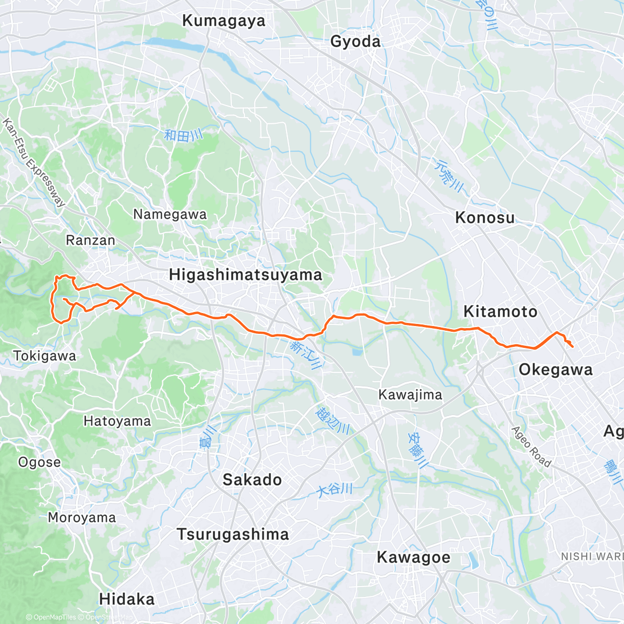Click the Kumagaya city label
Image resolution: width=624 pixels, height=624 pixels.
pyautogui.click(x=224, y=21)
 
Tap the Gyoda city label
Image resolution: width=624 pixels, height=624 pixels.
pyautogui.click(x=356, y=42)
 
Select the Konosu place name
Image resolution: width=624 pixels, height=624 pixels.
pyautogui.click(x=485, y=217)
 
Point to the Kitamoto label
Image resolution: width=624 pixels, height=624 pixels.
pyautogui.click(x=500, y=311)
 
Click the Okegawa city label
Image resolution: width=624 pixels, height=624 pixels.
pyautogui.click(x=555, y=370)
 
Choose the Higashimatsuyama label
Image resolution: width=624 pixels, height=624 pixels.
pyautogui.click(x=245, y=275)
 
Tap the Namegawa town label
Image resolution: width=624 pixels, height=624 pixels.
pyautogui.click(x=170, y=214)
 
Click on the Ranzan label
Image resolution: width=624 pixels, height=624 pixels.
pyautogui.click(x=90, y=240)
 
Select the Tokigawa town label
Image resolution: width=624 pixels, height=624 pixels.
pyautogui.click(x=45, y=356)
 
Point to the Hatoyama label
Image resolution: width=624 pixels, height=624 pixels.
pyautogui.click(x=117, y=421)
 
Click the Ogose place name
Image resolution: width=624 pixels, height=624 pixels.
pyautogui.click(x=40, y=462)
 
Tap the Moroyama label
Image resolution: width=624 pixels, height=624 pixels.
pyautogui.click(x=82, y=518)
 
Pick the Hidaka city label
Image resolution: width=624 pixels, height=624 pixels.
pyautogui.click(x=127, y=599)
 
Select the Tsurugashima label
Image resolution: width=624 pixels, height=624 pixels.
pyautogui.click(x=232, y=535)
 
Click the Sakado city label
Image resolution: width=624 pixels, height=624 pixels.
pyautogui.click(x=252, y=479)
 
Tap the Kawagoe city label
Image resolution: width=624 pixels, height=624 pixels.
pyautogui.click(x=413, y=557)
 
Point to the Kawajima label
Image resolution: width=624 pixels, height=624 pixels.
pyautogui.click(x=410, y=395)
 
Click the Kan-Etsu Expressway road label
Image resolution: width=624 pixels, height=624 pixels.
pyautogui.click(x=34, y=163)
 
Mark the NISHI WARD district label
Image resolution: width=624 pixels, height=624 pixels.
pyautogui.click(x=592, y=556)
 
